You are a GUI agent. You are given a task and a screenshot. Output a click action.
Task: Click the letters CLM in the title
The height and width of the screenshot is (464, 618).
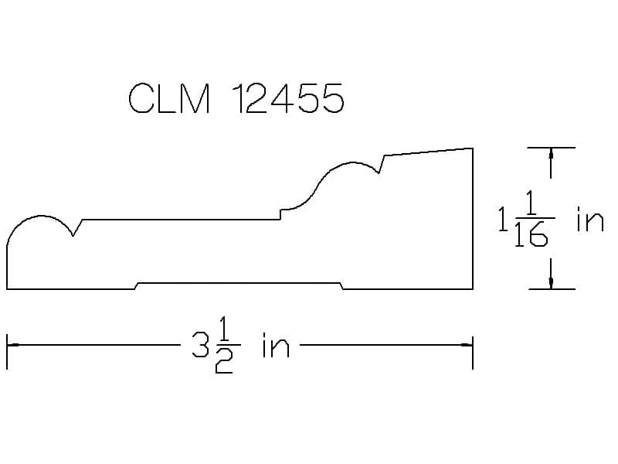[169, 99]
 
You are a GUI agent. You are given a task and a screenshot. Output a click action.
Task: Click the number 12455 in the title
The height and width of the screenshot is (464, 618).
[288, 99]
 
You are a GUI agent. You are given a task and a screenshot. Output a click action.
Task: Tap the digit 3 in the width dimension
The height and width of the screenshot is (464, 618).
[200, 344]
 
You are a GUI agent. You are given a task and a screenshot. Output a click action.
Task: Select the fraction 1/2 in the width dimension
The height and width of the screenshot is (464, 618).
[224, 345]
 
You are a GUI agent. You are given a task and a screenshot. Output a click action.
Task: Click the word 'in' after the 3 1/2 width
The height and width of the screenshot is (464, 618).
[277, 345]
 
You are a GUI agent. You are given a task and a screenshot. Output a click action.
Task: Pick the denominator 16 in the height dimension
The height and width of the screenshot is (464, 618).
[531, 234]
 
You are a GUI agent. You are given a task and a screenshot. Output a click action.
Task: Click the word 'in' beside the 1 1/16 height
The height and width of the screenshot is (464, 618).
[590, 219]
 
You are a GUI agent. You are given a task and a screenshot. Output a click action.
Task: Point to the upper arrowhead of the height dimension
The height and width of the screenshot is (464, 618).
[551, 154]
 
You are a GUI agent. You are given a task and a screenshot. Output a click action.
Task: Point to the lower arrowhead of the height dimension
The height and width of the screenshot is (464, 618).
[551, 282]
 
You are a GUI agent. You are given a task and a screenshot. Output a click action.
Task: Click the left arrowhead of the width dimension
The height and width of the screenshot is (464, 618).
[13, 345]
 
